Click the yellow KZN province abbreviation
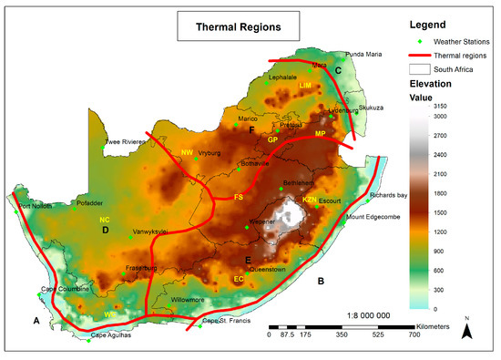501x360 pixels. (x=310, y=199)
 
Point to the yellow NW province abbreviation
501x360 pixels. (x=187, y=152)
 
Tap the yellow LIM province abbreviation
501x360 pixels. (x=304, y=85)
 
